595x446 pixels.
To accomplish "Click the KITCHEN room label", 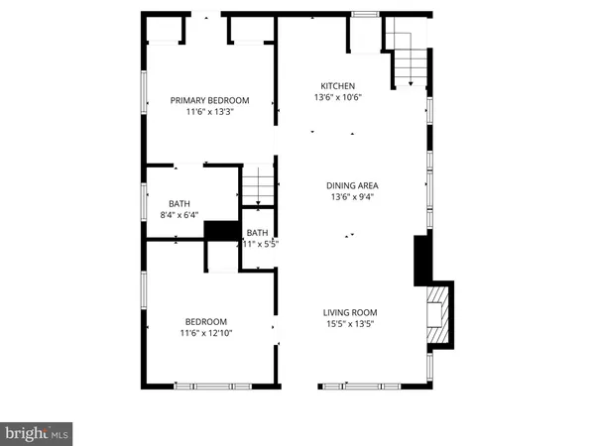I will tap(337, 86).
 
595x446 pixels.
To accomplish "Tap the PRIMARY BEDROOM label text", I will tap(209, 100).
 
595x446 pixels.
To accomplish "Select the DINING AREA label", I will tap(352, 185).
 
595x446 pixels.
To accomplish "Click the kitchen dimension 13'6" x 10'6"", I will tap(337, 98).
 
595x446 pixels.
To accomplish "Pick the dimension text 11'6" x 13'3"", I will tap(209, 112).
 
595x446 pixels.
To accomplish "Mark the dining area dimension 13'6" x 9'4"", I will tap(352, 196).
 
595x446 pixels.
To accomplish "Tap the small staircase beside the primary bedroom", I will tap(258, 186).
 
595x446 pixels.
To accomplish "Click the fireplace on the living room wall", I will tap(437, 314).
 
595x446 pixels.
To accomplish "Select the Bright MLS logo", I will tap(37, 432).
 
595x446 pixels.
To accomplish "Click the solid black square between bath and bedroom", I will tap(217, 231).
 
